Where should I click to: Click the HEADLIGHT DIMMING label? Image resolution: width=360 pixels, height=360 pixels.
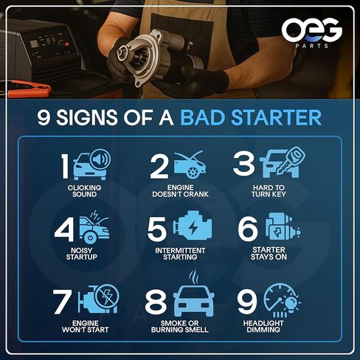pos(277,325)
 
